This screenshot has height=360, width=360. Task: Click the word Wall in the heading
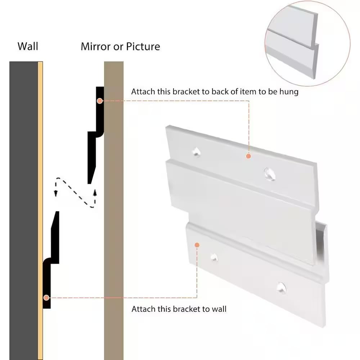(x=28, y=46)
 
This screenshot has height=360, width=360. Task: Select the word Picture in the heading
(x=143, y=46)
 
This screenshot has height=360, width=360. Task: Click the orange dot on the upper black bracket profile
(x=100, y=101)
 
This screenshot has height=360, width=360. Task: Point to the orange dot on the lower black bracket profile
(x=46, y=298)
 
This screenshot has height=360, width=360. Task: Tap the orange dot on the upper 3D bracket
(x=248, y=156)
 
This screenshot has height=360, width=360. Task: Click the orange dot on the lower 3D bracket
(x=197, y=245)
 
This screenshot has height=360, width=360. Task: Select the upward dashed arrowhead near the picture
(x=95, y=192)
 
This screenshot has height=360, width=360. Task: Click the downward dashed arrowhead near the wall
(x=55, y=193)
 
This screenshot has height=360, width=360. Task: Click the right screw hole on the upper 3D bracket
(x=270, y=174)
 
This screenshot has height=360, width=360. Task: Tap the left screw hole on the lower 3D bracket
(x=214, y=257)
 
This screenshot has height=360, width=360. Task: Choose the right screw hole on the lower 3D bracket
(x=281, y=288)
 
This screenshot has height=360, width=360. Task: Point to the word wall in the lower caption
(x=219, y=309)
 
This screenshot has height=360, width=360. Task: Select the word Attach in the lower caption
(x=144, y=309)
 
